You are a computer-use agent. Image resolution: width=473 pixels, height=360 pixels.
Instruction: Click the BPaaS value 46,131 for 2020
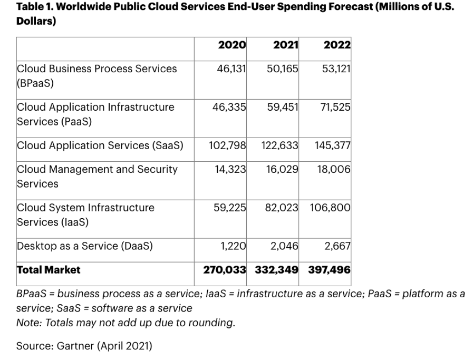[x=231, y=69]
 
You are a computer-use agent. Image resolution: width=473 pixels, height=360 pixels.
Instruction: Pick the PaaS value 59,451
[x=283, y=107]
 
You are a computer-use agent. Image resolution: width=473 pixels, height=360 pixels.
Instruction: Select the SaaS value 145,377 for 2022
[x=333, y=145]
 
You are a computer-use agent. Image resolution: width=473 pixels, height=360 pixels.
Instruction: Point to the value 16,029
[x=283, y=169]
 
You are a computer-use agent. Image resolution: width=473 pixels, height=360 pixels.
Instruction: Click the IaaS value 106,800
[x=330, y=208]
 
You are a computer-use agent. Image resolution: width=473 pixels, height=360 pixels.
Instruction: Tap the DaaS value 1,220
[x=233, y=246]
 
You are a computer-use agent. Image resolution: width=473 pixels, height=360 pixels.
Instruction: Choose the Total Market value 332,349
[x=277, y=270]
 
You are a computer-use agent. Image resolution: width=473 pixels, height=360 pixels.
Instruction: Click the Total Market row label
[x=49, y=270]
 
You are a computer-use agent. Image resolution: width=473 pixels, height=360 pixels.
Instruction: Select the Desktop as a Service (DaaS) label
[x=85, y=246]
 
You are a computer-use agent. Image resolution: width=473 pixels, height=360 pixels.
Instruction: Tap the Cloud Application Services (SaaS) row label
[x=100, y=145]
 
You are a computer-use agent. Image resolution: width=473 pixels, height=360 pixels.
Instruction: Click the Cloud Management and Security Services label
[x=97, y=176]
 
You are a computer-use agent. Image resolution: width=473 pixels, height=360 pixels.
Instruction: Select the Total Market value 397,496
[x=330, y=270]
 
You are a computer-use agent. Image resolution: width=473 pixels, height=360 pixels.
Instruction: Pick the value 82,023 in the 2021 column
[x=282, y=208]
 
